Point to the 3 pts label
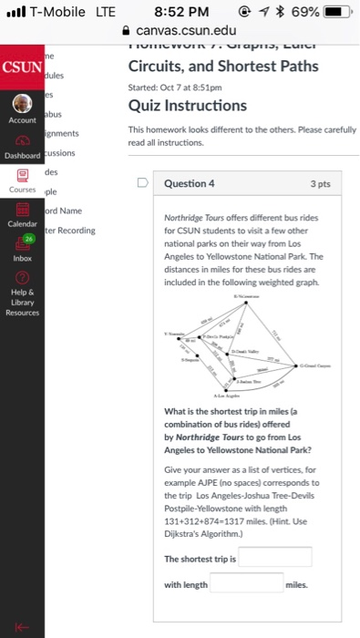tap(320, 183)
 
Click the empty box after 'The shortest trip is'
tap(274, 557)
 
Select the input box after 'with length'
tap(246, 583)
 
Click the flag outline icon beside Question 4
tap(142, 183)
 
